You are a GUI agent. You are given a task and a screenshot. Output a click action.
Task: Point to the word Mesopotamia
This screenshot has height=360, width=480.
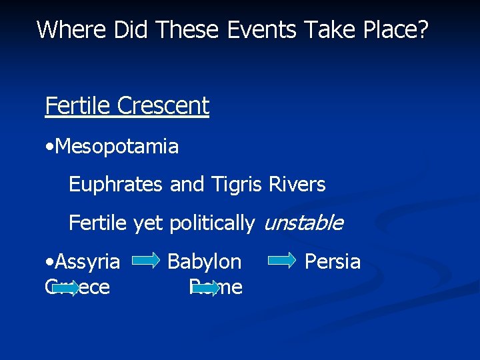coord(118,146)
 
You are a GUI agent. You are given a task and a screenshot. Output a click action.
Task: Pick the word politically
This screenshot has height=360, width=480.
coord(211,223)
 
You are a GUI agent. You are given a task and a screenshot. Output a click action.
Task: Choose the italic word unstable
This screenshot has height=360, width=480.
coord(303,223)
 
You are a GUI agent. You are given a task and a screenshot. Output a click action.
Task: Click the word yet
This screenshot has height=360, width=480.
coord(147,223)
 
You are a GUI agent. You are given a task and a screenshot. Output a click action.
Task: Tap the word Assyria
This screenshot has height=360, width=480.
coord(88,262)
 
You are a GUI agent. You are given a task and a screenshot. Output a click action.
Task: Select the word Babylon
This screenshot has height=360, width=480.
coord(204,262)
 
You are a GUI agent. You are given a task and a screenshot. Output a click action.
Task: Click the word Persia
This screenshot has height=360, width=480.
coord(332,262)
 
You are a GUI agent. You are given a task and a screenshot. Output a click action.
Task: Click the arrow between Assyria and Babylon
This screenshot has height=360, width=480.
coord(145,262)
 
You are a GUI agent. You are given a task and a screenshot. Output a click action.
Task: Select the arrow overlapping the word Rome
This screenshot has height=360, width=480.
coord(205,288)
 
